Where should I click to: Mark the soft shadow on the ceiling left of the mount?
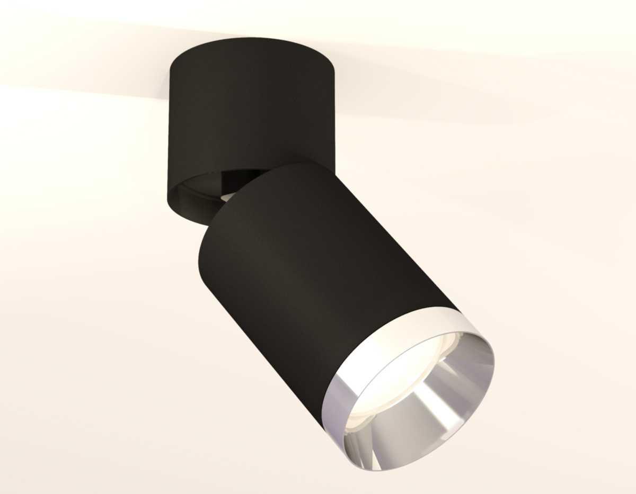[x=106, y=79]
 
